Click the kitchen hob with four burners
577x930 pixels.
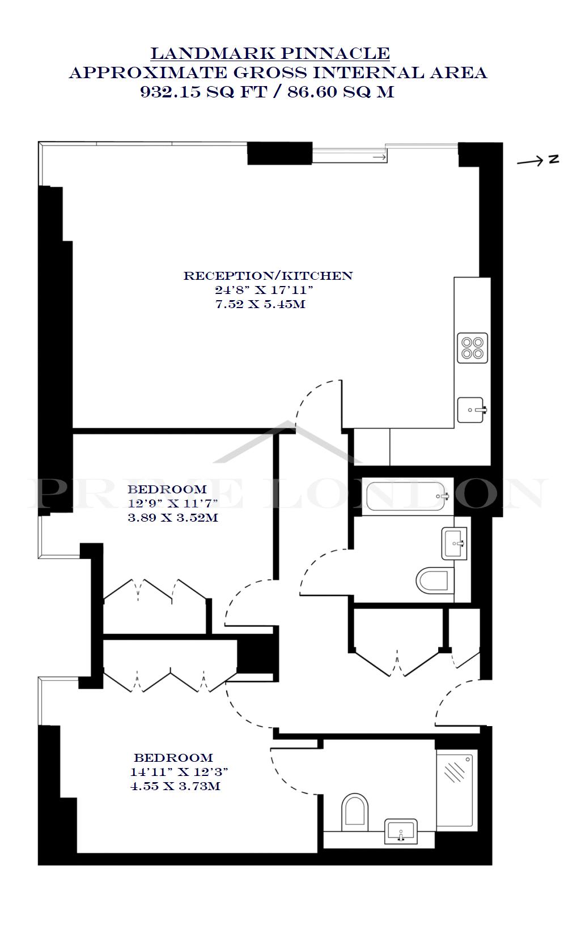click(473, 348)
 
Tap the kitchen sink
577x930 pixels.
click(472, 409)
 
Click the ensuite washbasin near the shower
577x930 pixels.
click(401, 831)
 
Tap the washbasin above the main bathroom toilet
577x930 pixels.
click(455, 543)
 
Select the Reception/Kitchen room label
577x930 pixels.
click(268, 276)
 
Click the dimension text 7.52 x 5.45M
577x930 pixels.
click(260, 304)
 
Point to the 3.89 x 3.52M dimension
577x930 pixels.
click(173, 518)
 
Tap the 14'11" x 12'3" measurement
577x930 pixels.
click(179, 772)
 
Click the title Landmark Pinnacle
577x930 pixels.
click(270, 54)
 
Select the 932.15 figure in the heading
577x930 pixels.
click(171, 92)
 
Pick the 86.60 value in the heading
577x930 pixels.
click(311, 92)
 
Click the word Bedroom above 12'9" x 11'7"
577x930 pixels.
click(167, 489)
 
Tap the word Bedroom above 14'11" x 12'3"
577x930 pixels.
click(173, 758)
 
